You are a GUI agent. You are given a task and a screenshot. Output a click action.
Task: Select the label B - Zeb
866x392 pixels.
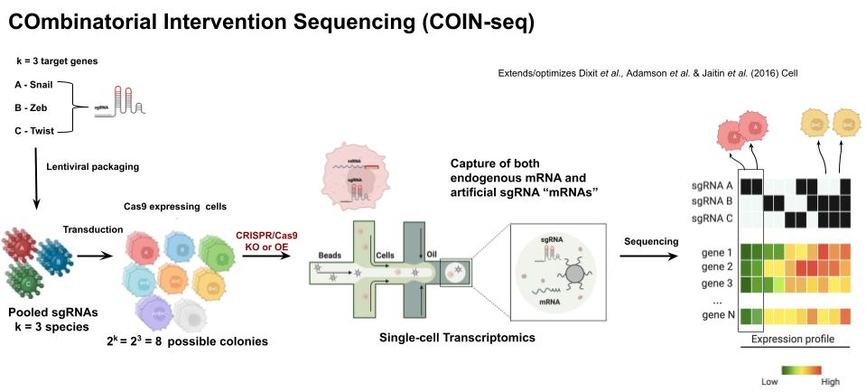point(33,107)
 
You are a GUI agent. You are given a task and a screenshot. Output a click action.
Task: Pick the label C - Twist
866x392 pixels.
point(38,131)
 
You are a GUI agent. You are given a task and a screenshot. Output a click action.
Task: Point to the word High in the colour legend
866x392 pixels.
point(830,381)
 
